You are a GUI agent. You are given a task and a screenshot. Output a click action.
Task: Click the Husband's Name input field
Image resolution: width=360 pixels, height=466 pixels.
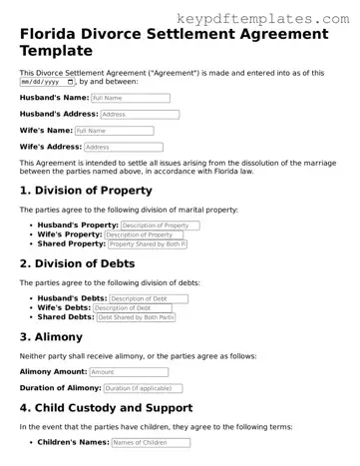coord(130,98)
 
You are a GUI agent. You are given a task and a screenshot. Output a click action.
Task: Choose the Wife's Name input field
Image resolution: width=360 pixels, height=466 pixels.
coord(114,131)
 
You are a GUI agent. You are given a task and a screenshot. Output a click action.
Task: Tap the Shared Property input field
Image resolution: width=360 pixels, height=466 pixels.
coord(147,244)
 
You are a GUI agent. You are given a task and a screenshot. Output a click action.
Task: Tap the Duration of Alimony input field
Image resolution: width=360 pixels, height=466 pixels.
coord(148,387)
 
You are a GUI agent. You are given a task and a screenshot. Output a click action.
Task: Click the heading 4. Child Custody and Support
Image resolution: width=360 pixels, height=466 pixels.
coord(121,407)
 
